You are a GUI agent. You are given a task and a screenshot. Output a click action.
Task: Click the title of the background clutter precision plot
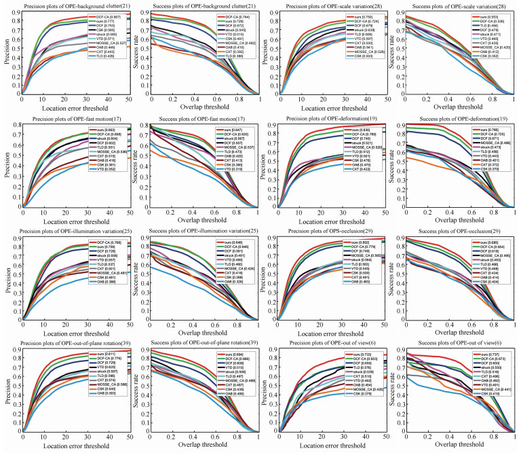click(70, 7)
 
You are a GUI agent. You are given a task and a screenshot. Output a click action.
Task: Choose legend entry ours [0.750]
click(366, 16)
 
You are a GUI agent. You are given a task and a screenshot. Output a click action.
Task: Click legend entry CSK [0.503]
click(367, 55)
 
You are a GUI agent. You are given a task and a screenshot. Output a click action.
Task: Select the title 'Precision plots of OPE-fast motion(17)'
click(70, 121)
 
